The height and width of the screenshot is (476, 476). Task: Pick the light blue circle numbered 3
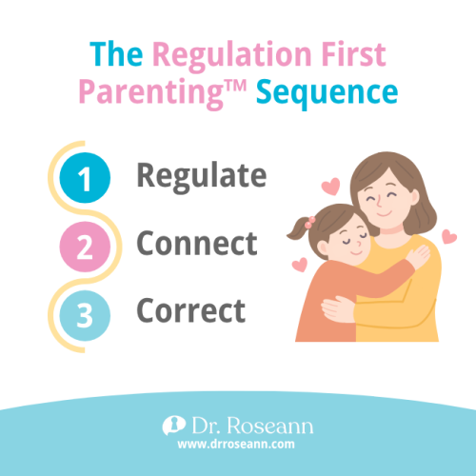(85, 311)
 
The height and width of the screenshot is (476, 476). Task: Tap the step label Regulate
(201, 177)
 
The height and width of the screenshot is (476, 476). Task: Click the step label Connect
(197, 244)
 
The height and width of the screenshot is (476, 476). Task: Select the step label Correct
(190, 310)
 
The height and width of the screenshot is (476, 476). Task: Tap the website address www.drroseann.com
(238, 443)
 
